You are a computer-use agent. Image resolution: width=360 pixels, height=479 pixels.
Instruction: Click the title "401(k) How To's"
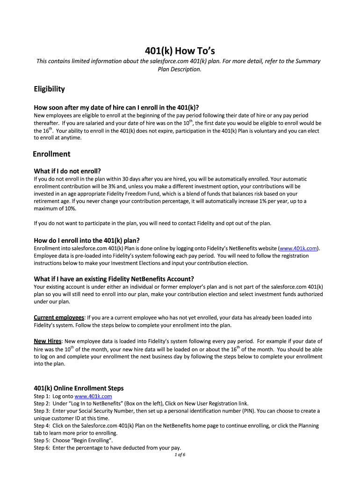pos(180,51)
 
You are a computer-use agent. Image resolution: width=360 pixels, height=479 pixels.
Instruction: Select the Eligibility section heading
pos(49,89)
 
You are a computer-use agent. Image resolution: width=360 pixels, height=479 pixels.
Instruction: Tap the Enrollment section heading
pos(51,154)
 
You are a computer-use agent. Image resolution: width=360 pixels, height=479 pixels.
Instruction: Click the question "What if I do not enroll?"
pos(67,170)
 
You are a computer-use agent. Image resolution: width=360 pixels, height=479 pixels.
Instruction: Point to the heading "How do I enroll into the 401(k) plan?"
pos(86,240)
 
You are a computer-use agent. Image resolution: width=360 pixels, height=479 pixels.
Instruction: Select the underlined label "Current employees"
pos(59,318)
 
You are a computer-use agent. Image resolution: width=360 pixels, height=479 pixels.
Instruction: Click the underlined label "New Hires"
pos(48,341)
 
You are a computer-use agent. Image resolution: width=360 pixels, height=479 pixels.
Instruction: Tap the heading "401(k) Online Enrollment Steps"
pos(79,388)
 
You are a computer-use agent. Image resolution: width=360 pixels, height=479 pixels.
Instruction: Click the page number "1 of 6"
pos(180,455)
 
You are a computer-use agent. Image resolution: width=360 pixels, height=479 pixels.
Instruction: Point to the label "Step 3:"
pos(43,411)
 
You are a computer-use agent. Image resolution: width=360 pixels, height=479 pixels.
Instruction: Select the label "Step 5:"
pos(43,440)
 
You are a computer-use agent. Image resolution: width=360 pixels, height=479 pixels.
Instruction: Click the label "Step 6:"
pos(43,448)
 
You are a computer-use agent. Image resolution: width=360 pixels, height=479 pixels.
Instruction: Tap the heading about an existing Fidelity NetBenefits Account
pos(114,279)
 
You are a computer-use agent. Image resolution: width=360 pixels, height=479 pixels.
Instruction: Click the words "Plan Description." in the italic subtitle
pos(180,69)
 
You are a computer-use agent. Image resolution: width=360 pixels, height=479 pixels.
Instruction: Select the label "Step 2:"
pos(43,403)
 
